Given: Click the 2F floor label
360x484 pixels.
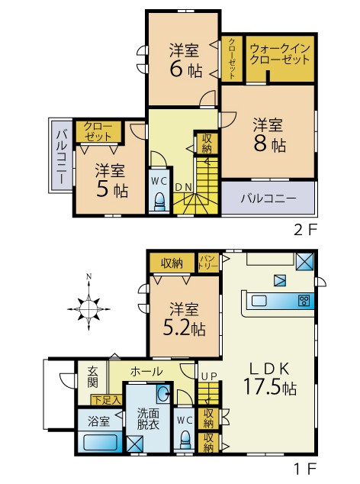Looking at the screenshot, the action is click(305, 230).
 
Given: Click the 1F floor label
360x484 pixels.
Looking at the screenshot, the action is click(305, 469).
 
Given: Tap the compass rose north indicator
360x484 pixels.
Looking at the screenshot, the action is click(88, 276).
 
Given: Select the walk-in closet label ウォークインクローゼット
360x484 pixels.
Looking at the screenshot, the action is click(280, 53).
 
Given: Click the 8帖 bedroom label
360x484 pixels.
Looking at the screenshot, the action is click(269, 134).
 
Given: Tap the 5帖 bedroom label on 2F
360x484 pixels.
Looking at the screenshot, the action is click(111, 180).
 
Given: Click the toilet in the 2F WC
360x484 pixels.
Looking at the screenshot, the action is click(159, 202).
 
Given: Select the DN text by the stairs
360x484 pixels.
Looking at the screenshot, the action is click(184, 187).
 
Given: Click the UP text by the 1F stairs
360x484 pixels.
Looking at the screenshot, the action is click(209, 376).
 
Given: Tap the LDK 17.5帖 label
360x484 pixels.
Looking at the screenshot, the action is click(269, 378).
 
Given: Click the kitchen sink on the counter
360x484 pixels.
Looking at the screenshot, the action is click(259, 301).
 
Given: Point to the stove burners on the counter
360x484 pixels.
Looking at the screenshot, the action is click(304, 301).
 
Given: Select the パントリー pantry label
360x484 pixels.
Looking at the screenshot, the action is click(208, 262).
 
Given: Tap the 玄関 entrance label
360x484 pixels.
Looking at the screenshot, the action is click(92, 376).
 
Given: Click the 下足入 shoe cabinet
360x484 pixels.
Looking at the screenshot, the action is click(106, 400).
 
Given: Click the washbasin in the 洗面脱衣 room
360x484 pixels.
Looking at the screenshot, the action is click(162, 393).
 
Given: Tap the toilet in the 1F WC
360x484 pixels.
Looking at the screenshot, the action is click(185, 440).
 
